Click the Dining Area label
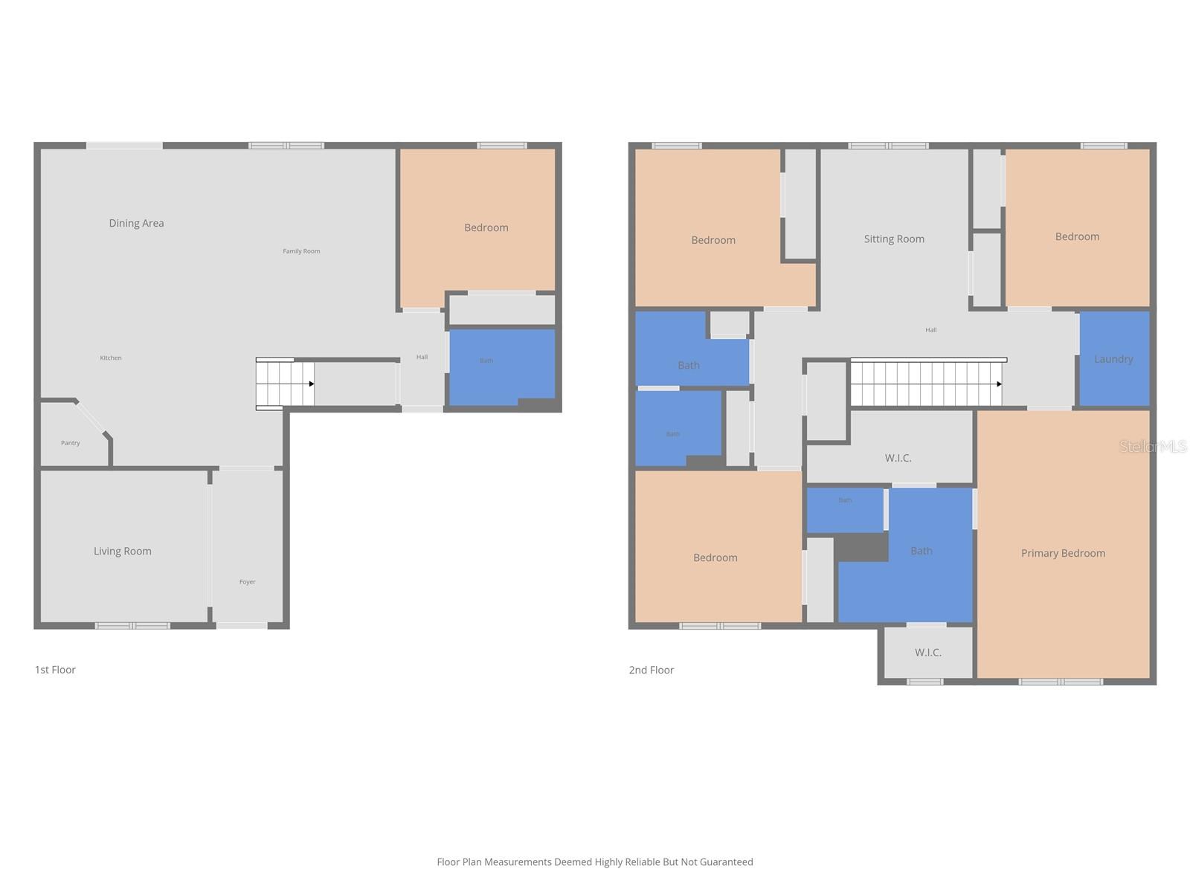[x=136, y=223]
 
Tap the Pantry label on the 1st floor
[x=71, y=443]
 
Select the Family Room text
[x=301, y=251]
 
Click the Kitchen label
[x=111, y=358]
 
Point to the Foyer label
[x=247, y=582]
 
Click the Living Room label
[x=123, y=551]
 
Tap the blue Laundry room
[x=1113, y=359]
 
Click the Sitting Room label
[x=894, y=239]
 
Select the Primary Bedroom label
[x=1063, y=553]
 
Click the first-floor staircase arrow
[x=311, y=384]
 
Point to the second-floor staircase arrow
[x=999, y=384]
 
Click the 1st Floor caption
[x=55, y=670]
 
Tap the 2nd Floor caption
[x=652, y=670]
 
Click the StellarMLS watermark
[x=1153, y=447]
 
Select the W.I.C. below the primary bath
[x=927, y=653]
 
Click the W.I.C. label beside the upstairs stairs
[x=898, y=458]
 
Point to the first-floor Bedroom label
[x=486, y=227]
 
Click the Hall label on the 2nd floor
[x=930, y=330]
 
